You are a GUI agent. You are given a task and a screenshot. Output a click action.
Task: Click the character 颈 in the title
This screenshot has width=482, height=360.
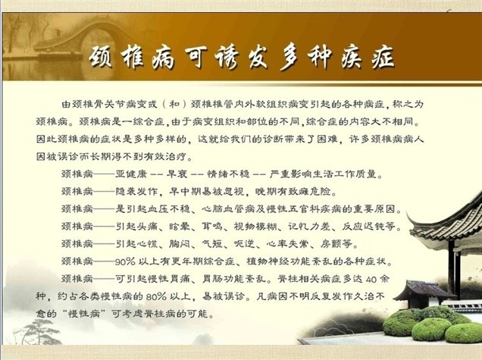tap(101, 58)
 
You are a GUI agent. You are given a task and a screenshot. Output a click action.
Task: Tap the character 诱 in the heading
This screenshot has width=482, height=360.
tap(227, 58)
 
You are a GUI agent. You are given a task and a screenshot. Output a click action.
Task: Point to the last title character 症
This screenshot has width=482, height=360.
tap(383, 58)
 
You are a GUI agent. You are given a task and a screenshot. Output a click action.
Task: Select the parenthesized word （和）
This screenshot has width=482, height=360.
tap(174, 105)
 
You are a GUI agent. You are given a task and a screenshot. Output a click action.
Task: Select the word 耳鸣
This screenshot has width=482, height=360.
tap(211, 227)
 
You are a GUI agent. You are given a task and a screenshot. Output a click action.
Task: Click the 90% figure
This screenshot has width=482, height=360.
tap(125, 261)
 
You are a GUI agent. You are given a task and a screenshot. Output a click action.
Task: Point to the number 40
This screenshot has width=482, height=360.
tap(371, 280)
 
